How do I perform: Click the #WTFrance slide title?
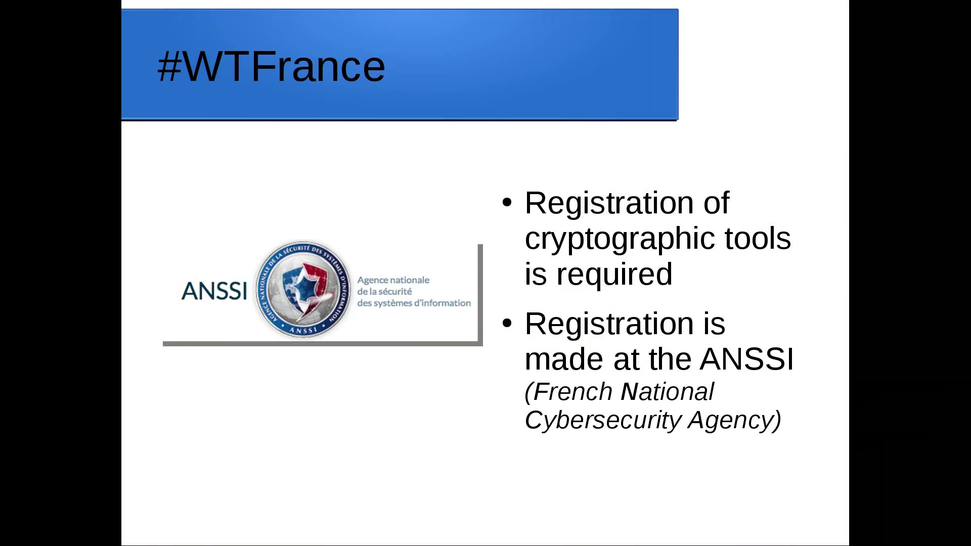[x=271, y=66]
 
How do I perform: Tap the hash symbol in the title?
[x=169, y=66]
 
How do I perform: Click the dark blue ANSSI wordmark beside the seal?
[x=214, y=291]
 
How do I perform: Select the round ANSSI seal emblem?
[x=303, y=289]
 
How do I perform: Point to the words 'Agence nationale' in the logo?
[x=393, y=280]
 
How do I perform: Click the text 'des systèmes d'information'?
[x=414, y=303]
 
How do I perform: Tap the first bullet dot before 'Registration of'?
[x=507, y=202]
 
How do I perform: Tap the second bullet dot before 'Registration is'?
[x=507, y=323]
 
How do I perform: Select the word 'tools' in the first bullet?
[x=758, y=238]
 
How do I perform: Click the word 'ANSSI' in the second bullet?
[x=747, y=359]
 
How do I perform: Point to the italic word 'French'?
[x=573, y=392]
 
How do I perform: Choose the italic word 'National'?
[x=667, y=392]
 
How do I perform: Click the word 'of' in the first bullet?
[x=716, y=203]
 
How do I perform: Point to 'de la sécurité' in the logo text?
[x=384, y=292]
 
